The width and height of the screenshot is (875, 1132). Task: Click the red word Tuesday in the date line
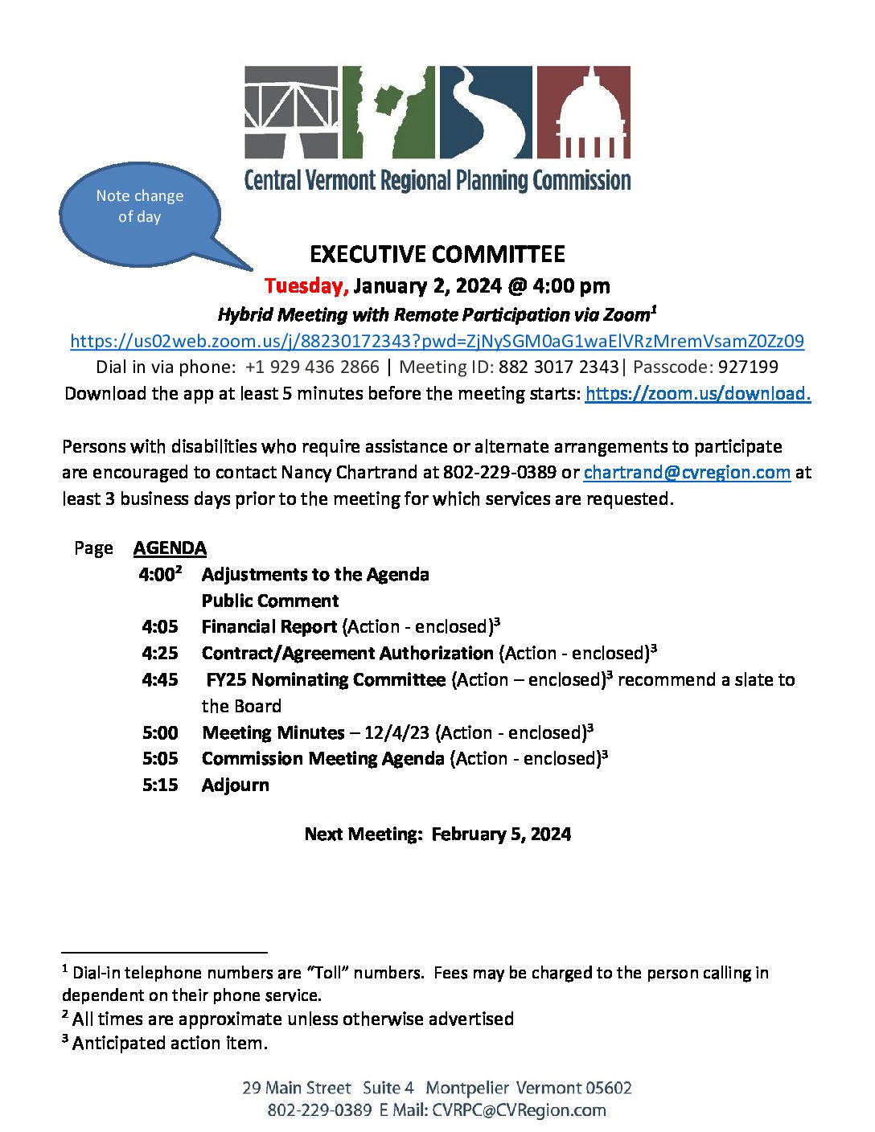pos(306,286)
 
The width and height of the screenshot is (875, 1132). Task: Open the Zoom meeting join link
pos(437,341)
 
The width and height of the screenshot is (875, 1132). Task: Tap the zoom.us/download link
pos(697,393)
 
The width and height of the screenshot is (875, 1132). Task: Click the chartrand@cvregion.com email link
pos(687,472)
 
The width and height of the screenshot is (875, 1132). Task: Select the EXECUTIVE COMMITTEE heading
pos(437,255)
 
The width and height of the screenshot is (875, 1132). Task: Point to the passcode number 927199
pos(748,367)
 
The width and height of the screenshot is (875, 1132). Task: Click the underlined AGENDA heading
pos(170,548)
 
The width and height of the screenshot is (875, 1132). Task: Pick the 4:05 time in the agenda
pos(160,627)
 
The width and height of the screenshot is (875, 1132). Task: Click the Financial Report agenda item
pos(269,627)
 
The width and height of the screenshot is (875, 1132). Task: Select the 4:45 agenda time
pos(160,680)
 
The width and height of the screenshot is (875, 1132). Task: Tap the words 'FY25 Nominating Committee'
pos(326,680)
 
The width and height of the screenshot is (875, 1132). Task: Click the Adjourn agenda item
pos(236,785)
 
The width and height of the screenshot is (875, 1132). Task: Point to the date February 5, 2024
pos(501,835)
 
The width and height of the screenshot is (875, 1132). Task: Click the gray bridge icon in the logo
pos(291,112)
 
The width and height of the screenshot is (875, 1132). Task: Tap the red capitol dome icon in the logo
pos(583,112)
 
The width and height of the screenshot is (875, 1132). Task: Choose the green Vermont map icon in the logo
pos(388,112)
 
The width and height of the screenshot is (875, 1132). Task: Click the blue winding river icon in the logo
pos(486,112)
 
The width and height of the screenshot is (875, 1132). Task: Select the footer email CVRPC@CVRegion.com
pos(519,1110)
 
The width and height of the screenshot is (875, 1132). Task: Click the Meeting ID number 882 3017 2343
pos(558,367)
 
